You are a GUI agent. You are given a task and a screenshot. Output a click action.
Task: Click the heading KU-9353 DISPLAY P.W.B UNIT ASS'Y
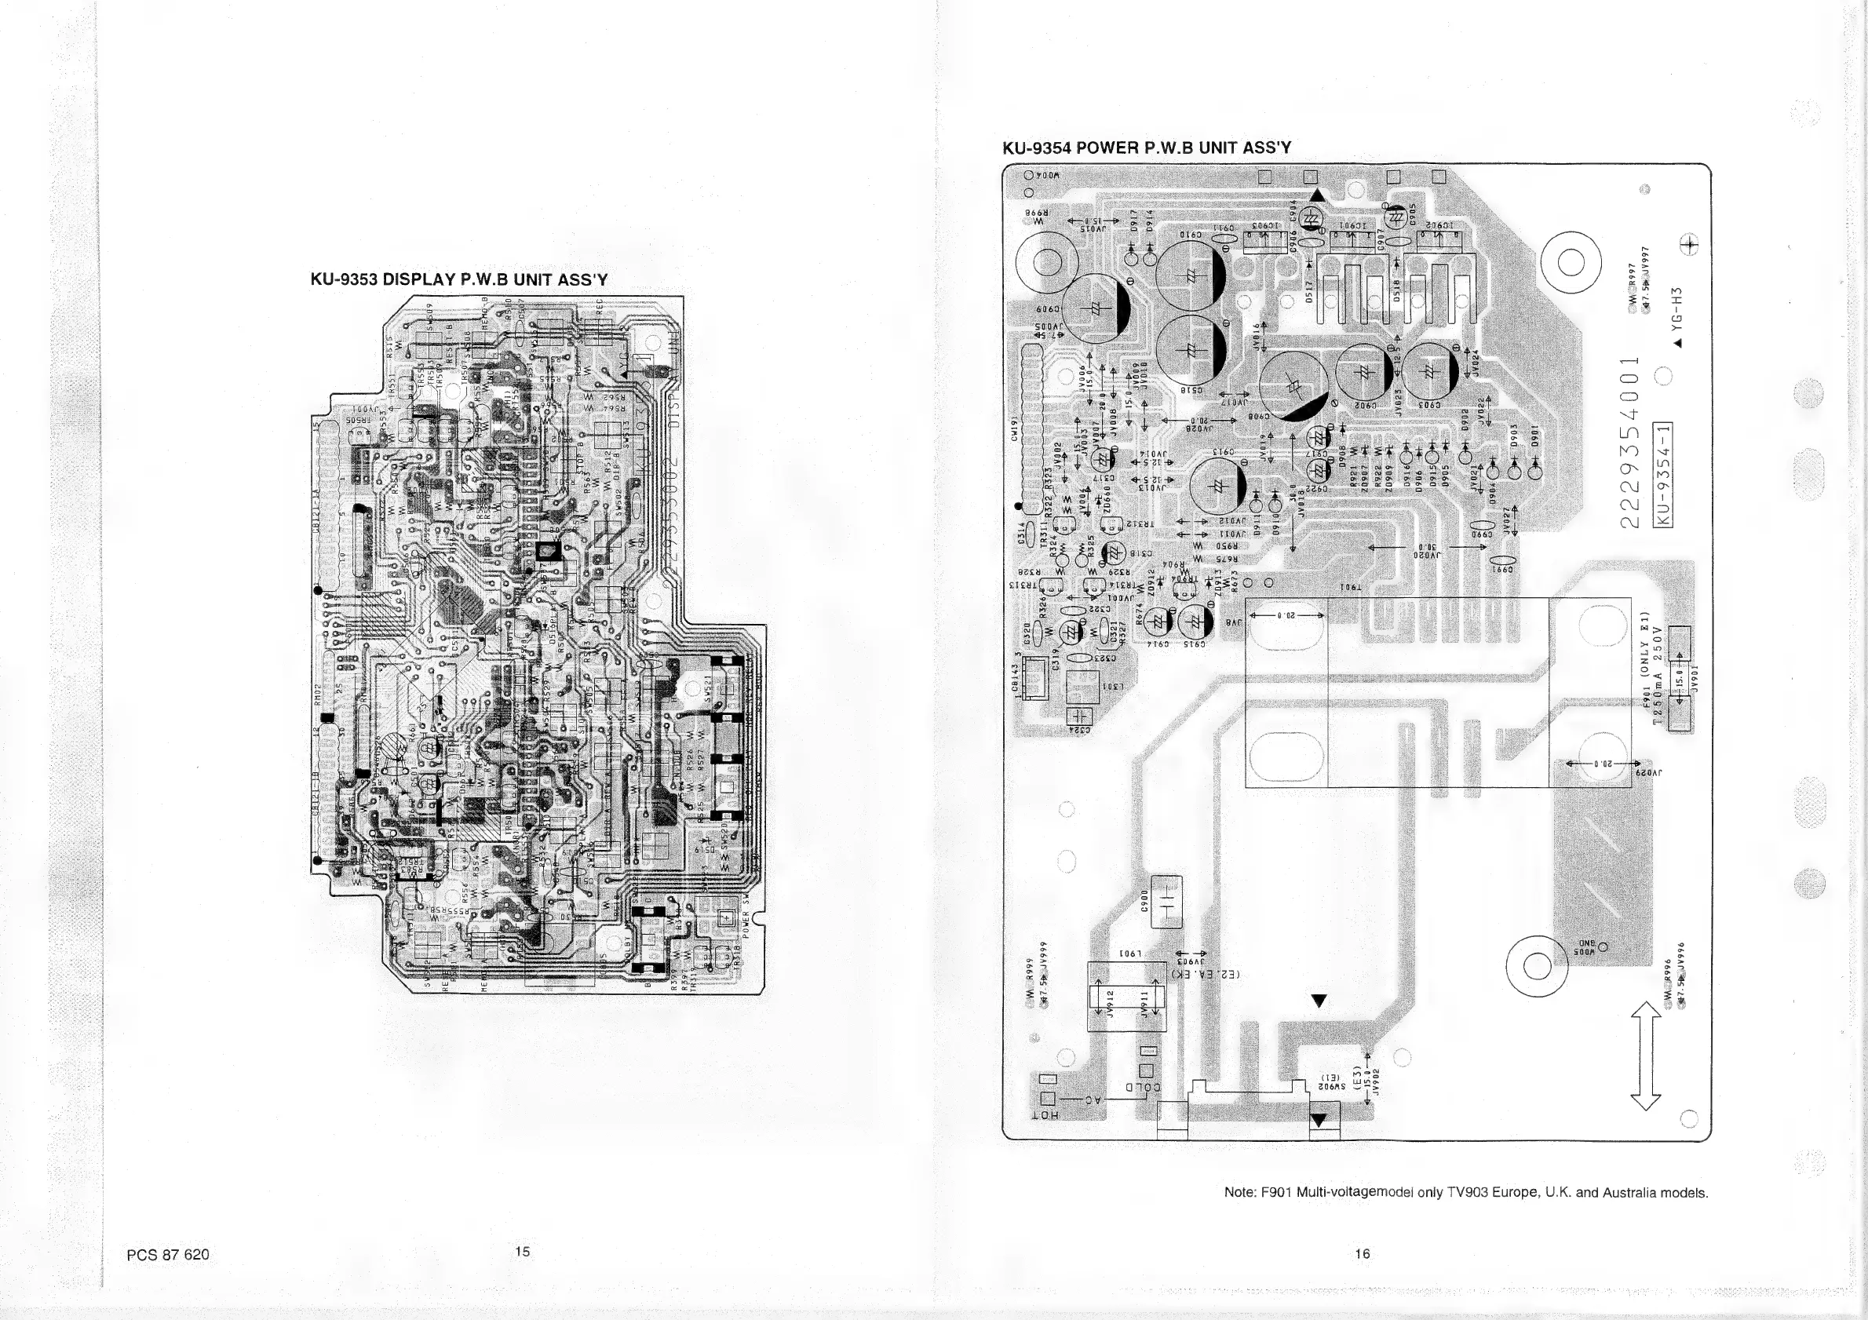pyautogui.click(x=459, y=280)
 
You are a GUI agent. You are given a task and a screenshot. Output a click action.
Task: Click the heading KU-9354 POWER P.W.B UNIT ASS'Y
pyautogui.click(x=1147, y=148)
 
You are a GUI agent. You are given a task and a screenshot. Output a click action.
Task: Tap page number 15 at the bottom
pyautogui.click(x=522, y=1251)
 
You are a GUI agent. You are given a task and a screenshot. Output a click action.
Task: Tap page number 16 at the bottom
pyautogui.click(x=1362, y=1253)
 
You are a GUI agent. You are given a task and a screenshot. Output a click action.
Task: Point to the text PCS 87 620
pyautogui.click(x=168, y=1254)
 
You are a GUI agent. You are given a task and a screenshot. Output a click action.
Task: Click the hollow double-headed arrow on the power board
pyautogui.click(x=1646, y=1055)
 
